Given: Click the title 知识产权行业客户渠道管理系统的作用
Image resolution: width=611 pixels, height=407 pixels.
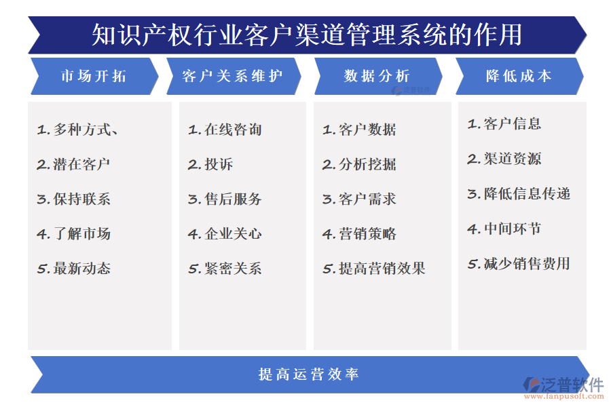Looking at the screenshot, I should coord(307,34).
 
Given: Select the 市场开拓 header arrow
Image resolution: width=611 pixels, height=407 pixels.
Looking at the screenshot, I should coord(94,76).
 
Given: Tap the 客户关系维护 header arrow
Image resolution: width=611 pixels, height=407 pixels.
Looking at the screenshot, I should coord(232,76).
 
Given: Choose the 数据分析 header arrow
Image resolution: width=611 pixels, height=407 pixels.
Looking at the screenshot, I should coord(377,76).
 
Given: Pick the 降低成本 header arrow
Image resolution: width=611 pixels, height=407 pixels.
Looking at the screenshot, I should coord(519,76).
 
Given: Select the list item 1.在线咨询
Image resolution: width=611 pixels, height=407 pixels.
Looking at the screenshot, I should coord(225,130).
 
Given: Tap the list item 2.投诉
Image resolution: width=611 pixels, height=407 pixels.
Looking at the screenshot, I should coord(210,164).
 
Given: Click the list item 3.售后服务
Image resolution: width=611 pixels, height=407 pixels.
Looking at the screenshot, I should coord(225,199).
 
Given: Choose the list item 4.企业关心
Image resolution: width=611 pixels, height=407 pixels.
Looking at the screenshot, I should coord(225,234).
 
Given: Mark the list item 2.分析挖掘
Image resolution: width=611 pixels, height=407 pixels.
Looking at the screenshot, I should coord(359,164).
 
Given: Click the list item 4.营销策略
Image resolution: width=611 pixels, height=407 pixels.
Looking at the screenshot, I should coord(359,234).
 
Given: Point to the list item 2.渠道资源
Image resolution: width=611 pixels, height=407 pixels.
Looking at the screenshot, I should coord(504,159).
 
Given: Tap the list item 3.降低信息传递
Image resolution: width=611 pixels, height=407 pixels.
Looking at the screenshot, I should coord(519,194).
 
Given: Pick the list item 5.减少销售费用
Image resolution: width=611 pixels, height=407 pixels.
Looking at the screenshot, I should coord(519,264).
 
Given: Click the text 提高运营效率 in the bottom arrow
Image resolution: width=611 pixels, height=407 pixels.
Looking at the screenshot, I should coord(308,374).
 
